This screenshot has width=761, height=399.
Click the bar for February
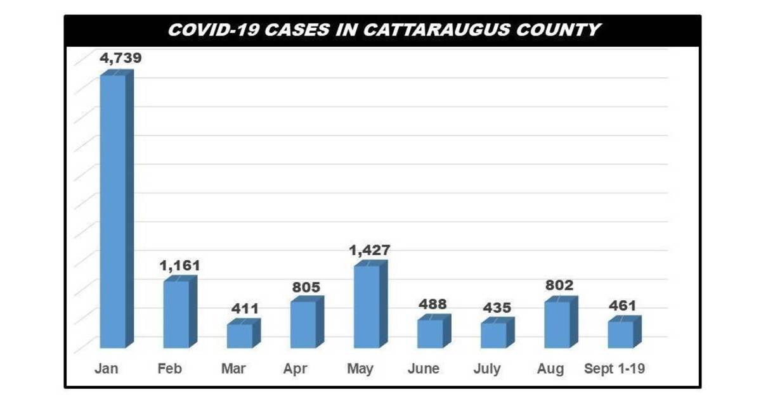176,314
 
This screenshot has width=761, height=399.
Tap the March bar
240,336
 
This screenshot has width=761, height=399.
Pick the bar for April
303,324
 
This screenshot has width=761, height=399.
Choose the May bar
367,307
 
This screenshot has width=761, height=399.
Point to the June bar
430,333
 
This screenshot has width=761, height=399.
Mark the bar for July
493,335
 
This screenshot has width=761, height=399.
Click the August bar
557,324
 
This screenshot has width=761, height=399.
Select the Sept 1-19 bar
620,334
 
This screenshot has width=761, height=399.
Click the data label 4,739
120,58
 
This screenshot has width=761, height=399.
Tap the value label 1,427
370,250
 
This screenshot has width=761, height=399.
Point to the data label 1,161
179,265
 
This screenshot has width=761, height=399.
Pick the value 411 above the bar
244,309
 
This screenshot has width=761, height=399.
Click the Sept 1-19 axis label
615,369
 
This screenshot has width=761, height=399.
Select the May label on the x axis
360,369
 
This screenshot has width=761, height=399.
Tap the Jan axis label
106,369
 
